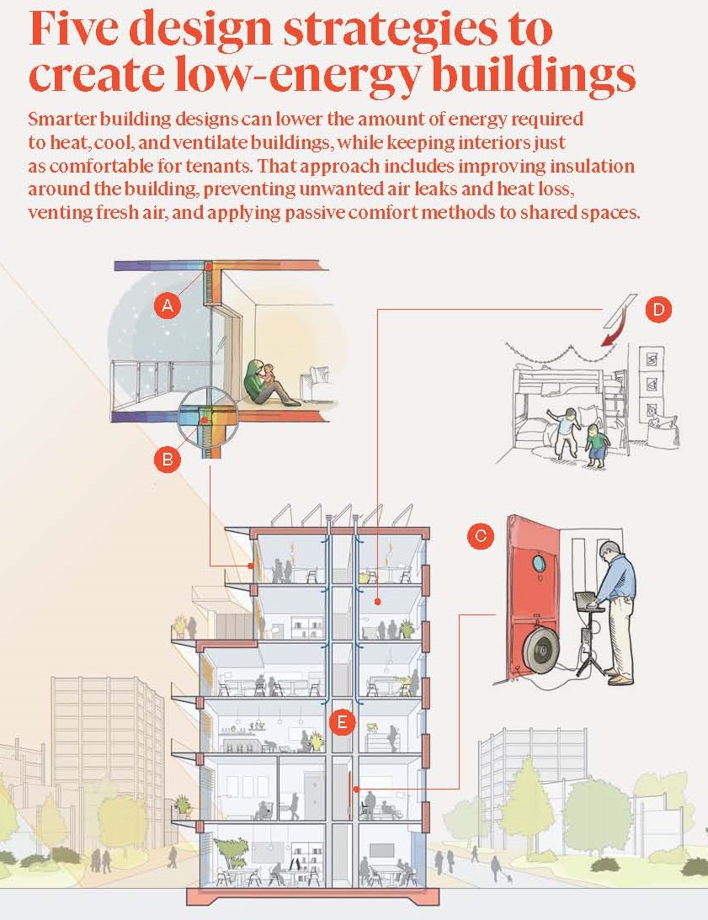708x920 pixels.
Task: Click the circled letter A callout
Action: (x=168, y=306)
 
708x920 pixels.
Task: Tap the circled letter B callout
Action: (x=168, y=459)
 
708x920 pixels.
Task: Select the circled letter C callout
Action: (x=481, y=535)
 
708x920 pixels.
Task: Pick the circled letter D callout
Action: (x=658, y=309)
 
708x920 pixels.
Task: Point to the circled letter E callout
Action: (x=342, y=721)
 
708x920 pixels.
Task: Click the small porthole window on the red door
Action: (x=538, y=564)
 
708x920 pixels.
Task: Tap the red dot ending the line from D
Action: (x=378, y=602)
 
